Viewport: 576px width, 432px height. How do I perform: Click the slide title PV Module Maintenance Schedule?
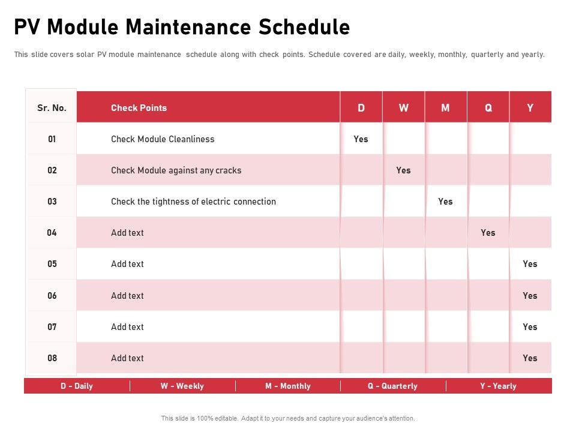[x=182, y=27]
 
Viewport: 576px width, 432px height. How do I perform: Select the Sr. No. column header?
[x=52, y=108]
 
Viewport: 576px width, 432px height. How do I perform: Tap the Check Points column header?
[x=139, y=108]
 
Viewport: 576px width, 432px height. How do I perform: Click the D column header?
[x=361, y=108]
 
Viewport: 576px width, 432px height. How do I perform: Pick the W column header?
[x=404, y=108]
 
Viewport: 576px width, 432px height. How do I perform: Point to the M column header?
[x=445, y=108]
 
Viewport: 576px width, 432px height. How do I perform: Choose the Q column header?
[x=488, y=108]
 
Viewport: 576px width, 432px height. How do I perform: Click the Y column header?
[x=530, y=108]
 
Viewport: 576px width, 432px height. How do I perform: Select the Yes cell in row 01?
[x=361, y=139]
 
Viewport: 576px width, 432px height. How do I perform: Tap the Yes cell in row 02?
[x=403, y=170]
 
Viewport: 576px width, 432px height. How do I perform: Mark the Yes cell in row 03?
[x=445, y=202]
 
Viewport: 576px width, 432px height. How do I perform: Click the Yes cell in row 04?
[x=488, y=233]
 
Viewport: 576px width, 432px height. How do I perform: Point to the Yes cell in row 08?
[x=530, y=358]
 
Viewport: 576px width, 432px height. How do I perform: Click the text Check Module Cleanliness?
[x=163, y=139]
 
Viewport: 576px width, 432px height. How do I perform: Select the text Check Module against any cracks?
[x=176, y=170]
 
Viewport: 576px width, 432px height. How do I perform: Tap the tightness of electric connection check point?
[x=193, y=202]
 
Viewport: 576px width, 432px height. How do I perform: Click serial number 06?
[x=52, y=296]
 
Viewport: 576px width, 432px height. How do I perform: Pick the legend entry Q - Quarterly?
[x=392, y=386]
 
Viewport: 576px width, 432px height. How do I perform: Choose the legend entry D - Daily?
[x=77, y=386]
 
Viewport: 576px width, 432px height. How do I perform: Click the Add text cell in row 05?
[x=127, y=264]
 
